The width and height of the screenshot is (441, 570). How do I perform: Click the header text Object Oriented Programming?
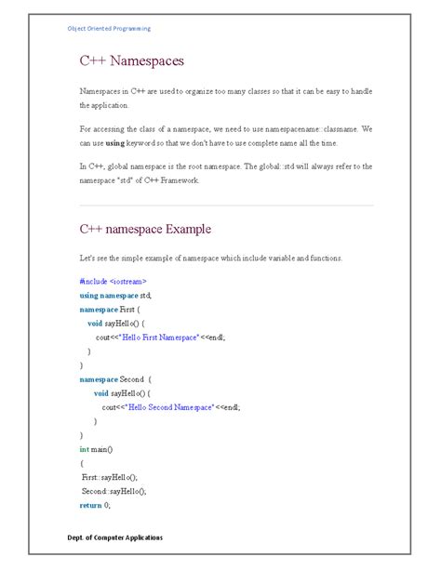pos(109,29)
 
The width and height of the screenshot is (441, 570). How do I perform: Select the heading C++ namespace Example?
pos(144,229)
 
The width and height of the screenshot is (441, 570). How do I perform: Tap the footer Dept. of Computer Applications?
pos(115,538)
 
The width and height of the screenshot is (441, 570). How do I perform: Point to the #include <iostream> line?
pos(113,280)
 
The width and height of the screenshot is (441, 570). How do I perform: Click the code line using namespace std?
pos(115,294)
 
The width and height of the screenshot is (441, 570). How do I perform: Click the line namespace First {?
pos(109,308)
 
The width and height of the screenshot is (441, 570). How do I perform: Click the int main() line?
pos(96,449)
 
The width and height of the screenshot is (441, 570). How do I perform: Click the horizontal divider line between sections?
pos(226,205)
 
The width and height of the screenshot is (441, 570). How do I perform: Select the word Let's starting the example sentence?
pos(88,258)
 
